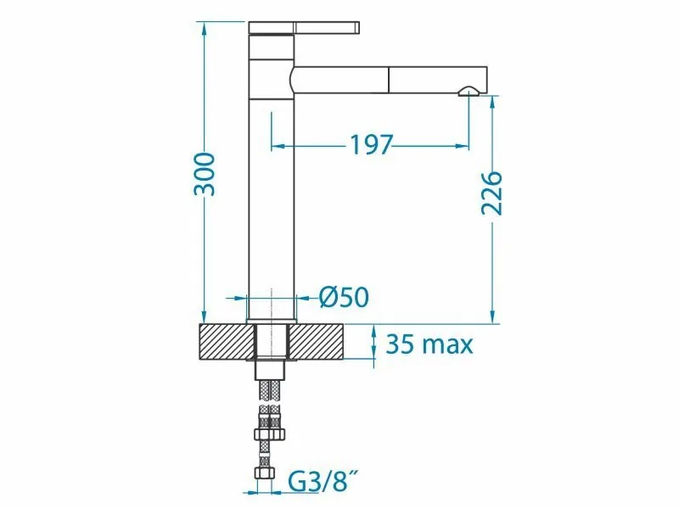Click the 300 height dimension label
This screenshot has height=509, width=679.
coord(204,174)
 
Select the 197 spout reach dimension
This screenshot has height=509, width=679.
coord(371,144)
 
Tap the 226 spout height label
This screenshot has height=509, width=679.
coord(492,193)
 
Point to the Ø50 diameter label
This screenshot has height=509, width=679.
coord(344,298)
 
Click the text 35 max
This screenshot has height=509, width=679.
coord(429,344)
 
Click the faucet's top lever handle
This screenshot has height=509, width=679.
coord(304,27)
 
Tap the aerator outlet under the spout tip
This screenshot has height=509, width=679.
coord(469,91)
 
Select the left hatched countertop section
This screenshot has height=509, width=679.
coord(227,342)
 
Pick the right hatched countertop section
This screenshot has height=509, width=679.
coord(316,342)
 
